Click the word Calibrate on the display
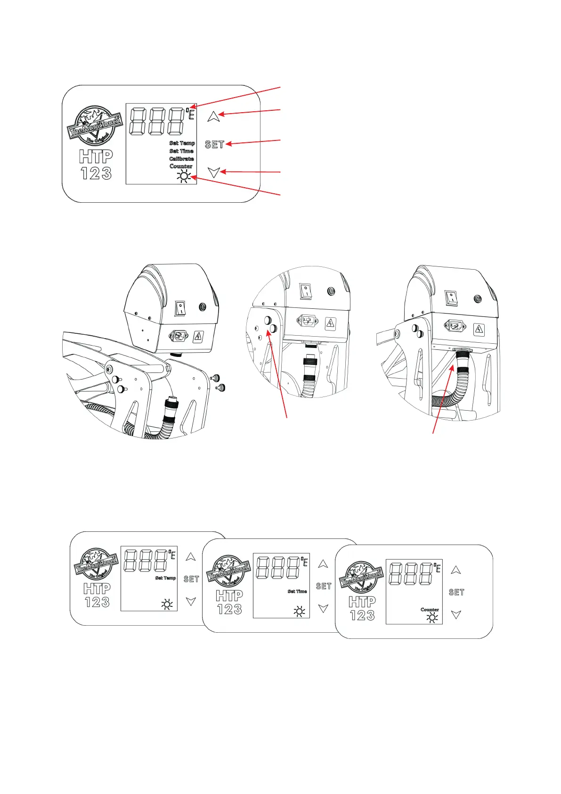point(181,159)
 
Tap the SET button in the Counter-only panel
point(456,592)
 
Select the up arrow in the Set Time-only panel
point(323,564)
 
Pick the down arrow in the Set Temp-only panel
point(191,601)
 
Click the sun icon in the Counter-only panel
point(431,617)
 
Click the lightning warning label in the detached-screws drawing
point(198,337)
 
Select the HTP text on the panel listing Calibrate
point(96,157)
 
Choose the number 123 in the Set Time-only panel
point(229,609)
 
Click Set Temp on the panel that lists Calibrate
point(182,143)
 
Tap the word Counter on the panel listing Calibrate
point(181,166)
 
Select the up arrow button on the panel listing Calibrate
point(214,116)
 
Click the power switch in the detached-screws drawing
point(180,309)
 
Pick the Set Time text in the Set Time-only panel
point(297,591)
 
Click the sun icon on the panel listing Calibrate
point(183,177)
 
